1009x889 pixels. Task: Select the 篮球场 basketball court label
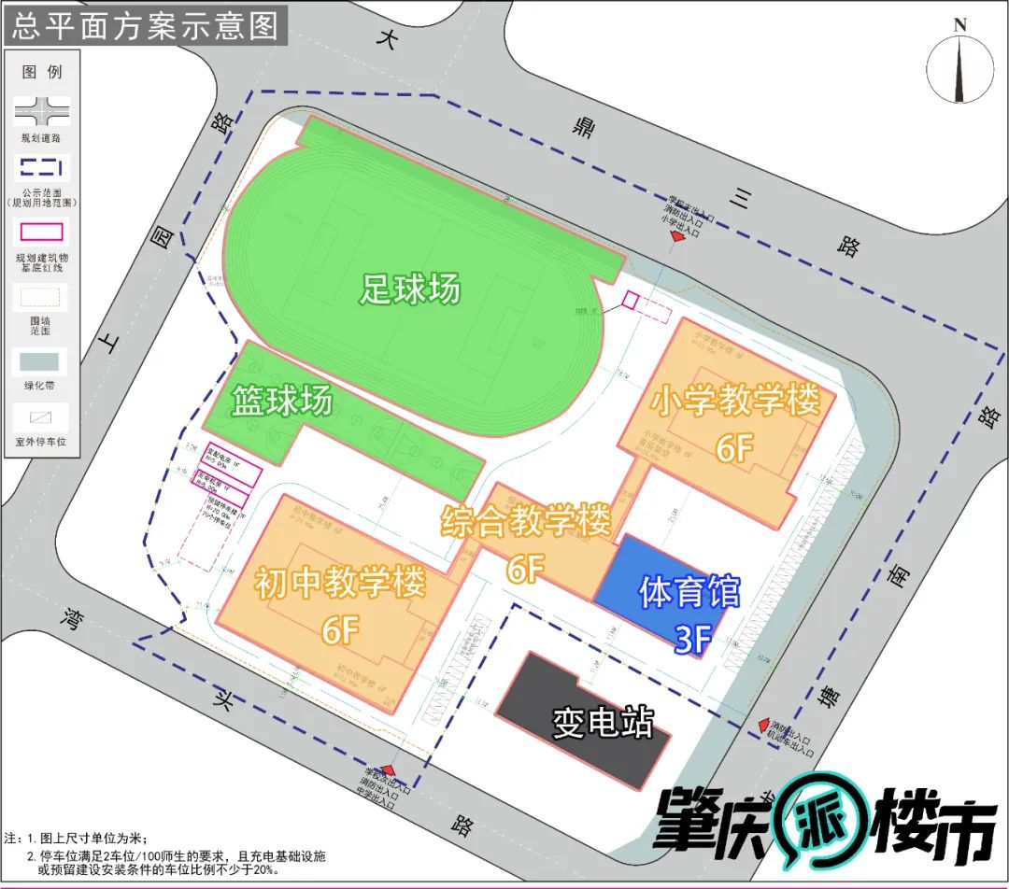(x=283, y=402)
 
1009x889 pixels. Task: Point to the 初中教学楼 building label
(x=340, y=584)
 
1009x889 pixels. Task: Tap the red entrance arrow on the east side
(x=763, y=726)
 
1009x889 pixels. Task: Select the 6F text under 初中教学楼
(x=341, y=631)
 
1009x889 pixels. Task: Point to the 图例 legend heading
(x=42, y=72)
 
